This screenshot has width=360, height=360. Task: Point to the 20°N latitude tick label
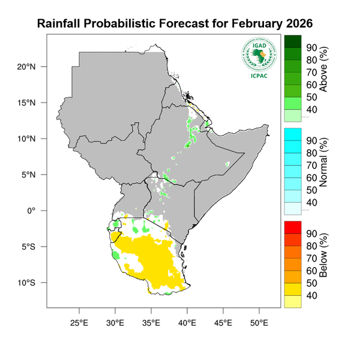(x=28, y=67)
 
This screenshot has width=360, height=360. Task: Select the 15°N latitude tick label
(x=28, y=103)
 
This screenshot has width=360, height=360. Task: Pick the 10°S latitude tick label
(x=28, y=283)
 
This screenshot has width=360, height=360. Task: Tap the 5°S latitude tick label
(x=29, y=247)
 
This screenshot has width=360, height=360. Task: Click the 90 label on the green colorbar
(x=311, y=47)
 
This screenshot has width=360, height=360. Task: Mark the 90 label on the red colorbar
(x=311, y=233)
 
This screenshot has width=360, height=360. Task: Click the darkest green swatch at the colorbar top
(x=292, y=41)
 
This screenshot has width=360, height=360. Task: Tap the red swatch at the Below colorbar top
(x=292, y=227)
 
